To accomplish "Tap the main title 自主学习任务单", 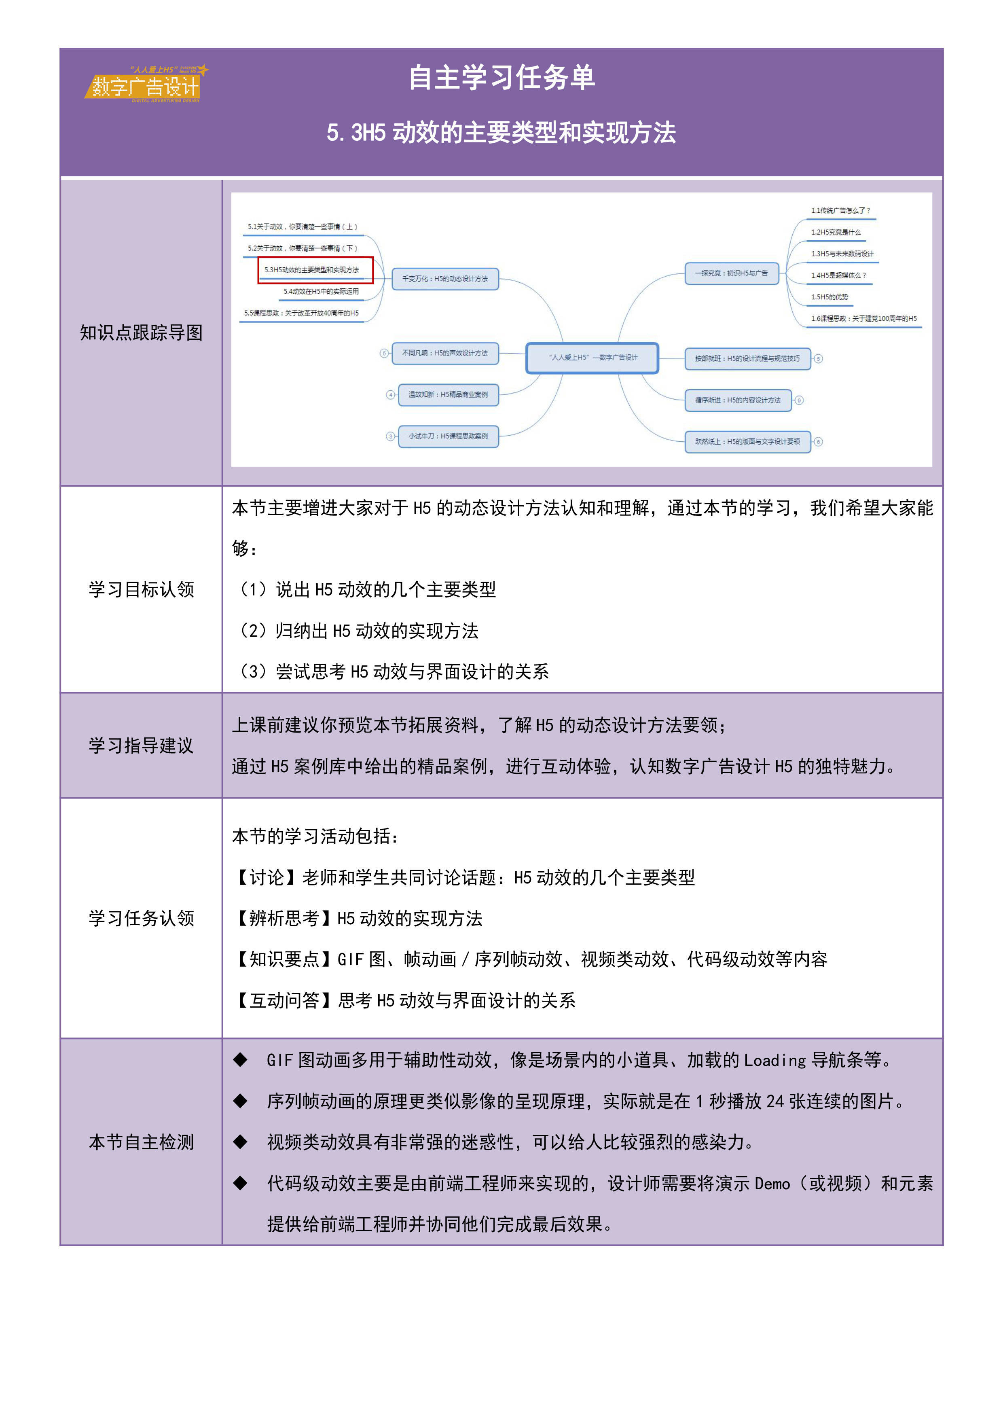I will (x=501, y=78).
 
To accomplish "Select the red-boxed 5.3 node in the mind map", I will (x=315, y=270).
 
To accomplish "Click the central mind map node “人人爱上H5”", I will (x=592, y=358).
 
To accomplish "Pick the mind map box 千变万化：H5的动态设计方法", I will (x=445, y=279).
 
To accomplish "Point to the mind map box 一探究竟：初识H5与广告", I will (x=731, y=273).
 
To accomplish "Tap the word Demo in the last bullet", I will (x=772, y=1184).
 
